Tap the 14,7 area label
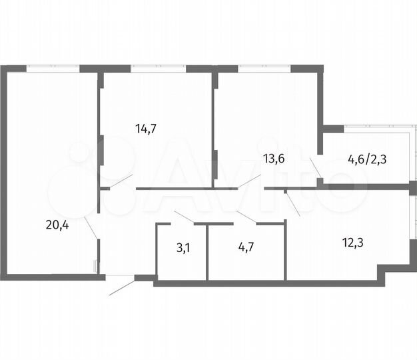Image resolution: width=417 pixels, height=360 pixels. click(x=146, y=129)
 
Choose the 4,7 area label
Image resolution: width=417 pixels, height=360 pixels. click(x=246, y=247)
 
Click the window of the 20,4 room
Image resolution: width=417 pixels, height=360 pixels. click(x=53, y=67)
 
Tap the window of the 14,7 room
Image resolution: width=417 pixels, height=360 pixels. click(x=158, y=67)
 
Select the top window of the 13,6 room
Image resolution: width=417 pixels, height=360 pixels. click(x=263, y=67)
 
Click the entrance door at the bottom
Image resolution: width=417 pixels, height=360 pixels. click(x=122, y=287)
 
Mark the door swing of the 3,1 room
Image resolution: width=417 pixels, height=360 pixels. click(x=184, y=217)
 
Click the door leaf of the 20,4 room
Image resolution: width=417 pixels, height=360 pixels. click(x=92, y=227)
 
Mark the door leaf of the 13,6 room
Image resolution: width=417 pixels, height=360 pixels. click(x=249, y=180)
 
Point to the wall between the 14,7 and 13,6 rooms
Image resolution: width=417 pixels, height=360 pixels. click(x=214, y=127)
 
